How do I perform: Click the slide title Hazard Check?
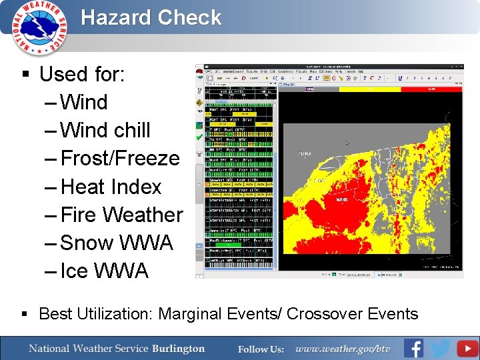tap(151, 17)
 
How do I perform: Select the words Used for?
tap(81, 74)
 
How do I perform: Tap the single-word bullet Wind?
tap(83, 103)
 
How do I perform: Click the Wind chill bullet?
tap(105, 131)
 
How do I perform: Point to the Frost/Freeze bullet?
tap(120, 159)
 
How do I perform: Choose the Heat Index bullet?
tap(111, 187)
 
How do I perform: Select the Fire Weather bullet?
tap(121, 215)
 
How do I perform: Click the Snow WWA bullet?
tap(116, 243)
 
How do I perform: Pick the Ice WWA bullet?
tap(104, 271)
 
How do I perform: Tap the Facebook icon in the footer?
tap(413, 348)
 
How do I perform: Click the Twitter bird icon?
tap(440, 348)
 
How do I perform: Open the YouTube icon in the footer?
tap(467, 348)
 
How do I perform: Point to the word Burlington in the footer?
tap(178, 349)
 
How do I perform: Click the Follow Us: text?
tap(261, 349)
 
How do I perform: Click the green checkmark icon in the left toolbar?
tap(199, 136)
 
